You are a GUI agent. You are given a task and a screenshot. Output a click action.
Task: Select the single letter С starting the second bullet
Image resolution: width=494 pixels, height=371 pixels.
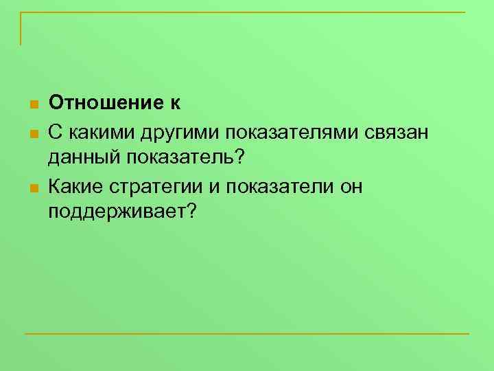pyautogui.click(x=55, y=131)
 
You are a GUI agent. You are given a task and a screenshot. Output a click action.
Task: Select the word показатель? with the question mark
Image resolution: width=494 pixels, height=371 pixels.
pyautogui.click(x=185, y=157)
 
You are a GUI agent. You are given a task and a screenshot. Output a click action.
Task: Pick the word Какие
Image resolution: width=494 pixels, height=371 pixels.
pyautogui.click(x=75, y=185)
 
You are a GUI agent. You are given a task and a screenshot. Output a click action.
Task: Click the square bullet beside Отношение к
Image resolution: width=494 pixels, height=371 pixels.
pyautogui.click(x=32, y=105)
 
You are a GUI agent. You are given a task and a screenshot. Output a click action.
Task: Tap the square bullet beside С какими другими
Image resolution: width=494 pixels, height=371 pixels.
pyautogui.click(x=32, y=132)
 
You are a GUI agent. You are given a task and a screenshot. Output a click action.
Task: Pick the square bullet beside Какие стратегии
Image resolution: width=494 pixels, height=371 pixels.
pyautogui.click(x=32, y=186)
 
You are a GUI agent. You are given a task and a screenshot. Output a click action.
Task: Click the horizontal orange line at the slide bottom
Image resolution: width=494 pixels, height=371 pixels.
pyautogui.click(x=247, y=334)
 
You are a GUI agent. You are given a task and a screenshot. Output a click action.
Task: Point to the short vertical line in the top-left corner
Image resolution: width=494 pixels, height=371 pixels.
pyautogui.click(x=21, y=29)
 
